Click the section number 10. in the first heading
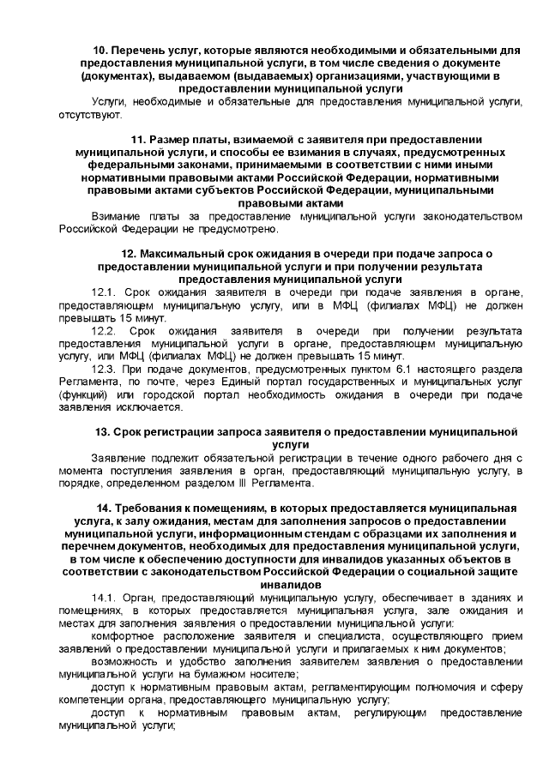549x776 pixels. click(x=102, y=51)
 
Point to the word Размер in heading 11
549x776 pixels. click(x=170, y=139)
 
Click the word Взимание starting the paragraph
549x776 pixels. click(x=118, y=217)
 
